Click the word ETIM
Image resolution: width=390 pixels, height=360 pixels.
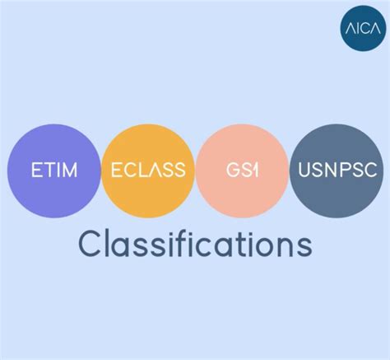pyautogui.click(x=53, y=171)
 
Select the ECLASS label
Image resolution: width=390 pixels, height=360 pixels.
pyautogui.click(x=148, y=171)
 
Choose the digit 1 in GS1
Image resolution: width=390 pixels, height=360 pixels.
pyautogui.click(x=258, y=171)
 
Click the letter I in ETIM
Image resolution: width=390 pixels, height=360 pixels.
pyautogui.click(x=58, y=171)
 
